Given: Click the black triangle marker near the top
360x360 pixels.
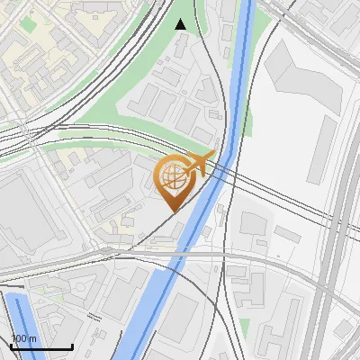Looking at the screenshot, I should tap(181, 24).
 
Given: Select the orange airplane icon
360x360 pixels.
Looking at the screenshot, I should tap(200, 163).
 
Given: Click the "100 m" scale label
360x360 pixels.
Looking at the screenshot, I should tap(23, 338).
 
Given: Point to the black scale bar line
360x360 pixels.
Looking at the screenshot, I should tap(41, 346).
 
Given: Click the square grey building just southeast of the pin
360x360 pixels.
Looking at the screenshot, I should tap(251, 224).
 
